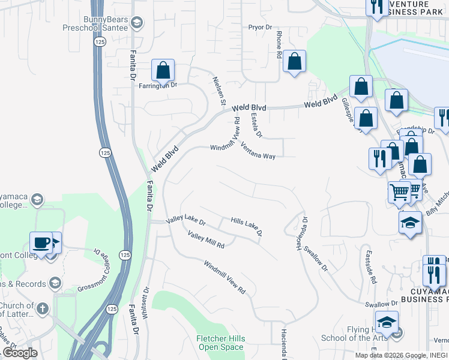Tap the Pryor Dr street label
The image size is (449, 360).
point(261,27)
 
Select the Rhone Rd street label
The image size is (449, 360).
point(279,46)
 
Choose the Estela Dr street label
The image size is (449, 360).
point(258,125)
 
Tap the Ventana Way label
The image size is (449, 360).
point(258,151)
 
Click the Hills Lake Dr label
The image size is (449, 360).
point(247,226)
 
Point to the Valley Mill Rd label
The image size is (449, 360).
point(205,240)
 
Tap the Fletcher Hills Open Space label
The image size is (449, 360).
point(221,343)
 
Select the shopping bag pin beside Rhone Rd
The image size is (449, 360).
point(294,61)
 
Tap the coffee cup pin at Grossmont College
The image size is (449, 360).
point(41,243)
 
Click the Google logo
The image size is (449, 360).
point(20,353)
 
